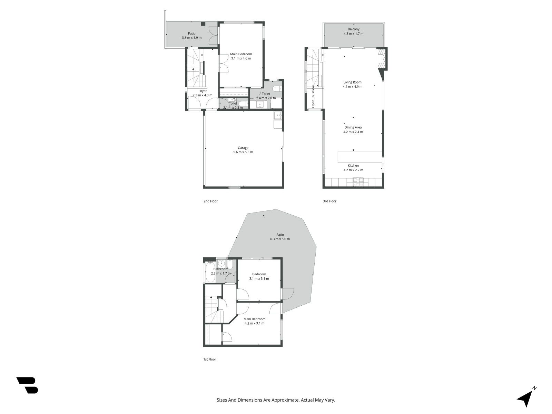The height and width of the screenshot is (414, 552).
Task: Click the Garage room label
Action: pyautogui.click(x=243, y=148)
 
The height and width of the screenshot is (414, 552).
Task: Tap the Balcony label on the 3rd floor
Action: pyautogui.click(x=353, y=29)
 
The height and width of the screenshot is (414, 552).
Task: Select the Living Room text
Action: pyautogui.click(x=352, y=82)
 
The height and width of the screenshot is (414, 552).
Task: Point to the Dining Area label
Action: pyautogui.click(x=353, y=127)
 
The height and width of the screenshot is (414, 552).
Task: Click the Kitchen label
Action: pyautogui.click(x=353, y=166)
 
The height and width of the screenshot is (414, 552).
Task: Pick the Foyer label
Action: pyautogui.click(x=203, y=91)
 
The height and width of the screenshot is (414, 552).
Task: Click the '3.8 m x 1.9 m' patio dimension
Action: pyautogui.click(x=191, y=38)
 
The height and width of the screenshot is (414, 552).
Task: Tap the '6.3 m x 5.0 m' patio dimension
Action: pyautogui.click(x=280, y=239)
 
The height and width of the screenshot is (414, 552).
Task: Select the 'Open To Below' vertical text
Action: pyautogui.click(x=313, y=97)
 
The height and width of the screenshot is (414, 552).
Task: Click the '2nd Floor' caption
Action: pyautogui.click(x=210, y=201)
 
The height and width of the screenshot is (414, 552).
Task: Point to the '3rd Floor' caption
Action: pyautogui.click(x=329, y=201)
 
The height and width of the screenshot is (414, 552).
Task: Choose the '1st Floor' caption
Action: pyautogui.click(x=209, y=359)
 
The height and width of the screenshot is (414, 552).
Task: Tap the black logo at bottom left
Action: pyautogui.click(x=28, y=385)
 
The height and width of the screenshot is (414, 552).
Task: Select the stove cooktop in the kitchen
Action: pyautogui.click(x=358, y=182)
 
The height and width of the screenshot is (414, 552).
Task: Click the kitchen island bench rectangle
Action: pyautogui.click(x=359, y=157)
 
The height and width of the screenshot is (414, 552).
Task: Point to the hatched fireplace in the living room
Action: pyautogui.click(x=382, y=59)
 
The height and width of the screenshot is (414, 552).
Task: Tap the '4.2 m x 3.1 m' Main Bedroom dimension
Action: pyautogui.click(x=255, y=324)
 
